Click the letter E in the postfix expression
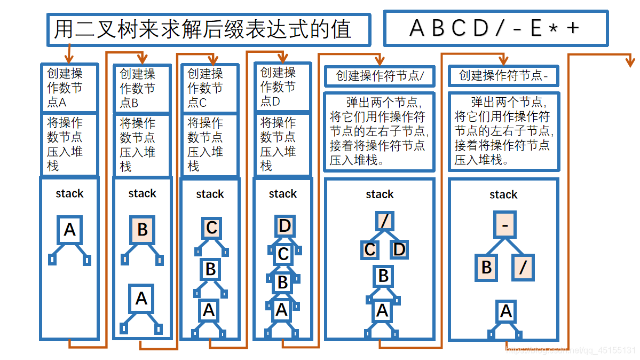(536, 28)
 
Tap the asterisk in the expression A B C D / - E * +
(555, 29)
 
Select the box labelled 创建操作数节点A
(69, 88)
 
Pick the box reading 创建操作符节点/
(380, 76)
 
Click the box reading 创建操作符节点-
(503, 76)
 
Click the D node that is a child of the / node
(399, 249)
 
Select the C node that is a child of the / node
(370, 249)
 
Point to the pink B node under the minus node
(487, 267)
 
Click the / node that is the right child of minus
(523, 267)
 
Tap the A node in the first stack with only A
(70, 230)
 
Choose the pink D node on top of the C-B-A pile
(285, 226)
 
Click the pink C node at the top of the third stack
(211, 228)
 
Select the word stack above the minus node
(503, 195)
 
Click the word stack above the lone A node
(69, 193)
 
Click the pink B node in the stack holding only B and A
(142, 230)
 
